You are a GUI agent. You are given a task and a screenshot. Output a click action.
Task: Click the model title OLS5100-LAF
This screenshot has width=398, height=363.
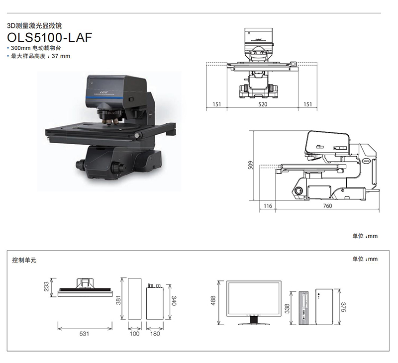[x=49, y=37]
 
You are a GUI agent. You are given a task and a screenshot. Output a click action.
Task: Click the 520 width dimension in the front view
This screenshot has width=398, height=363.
[x=263, y=104]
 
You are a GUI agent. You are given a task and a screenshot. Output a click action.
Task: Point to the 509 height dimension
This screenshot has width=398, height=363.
[x=251, y=165]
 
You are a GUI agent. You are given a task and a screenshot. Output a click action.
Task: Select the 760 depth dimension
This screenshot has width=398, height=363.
[x=327, y=206]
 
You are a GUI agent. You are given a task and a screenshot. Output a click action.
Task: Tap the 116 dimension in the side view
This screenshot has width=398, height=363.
[x=268, y=206]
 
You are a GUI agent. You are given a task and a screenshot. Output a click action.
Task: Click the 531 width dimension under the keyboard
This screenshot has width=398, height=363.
[x=84, y=334]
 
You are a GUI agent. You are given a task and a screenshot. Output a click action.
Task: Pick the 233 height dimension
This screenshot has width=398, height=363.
[x=46, y=287]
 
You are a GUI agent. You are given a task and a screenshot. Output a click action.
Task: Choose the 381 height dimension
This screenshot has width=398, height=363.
[x=118, y=300]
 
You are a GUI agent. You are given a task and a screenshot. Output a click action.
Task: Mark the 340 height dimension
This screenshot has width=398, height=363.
[x=174, y=301]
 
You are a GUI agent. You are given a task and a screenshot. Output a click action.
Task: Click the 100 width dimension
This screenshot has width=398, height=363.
[x=134, y=334]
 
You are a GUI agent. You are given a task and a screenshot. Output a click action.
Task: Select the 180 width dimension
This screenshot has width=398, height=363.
[x=155, y=334]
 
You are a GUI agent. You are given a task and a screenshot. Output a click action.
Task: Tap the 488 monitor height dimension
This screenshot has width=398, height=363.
[x=213, y=301]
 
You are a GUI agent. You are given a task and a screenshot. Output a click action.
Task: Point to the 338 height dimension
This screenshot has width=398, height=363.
[x=287, y=309]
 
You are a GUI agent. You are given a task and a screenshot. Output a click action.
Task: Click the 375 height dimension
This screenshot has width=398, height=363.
[x=343, y=307]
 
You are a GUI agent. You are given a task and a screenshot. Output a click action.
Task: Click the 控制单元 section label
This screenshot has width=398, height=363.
[x=24, y=260]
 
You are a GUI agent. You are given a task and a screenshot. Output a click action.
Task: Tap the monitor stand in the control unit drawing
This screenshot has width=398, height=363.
[x=254, y=320]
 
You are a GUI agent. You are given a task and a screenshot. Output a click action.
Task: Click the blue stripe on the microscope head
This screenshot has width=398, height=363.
[x=104, y=97]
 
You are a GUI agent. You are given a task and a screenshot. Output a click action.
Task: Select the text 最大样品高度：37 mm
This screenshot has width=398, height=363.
[x=40, y=56]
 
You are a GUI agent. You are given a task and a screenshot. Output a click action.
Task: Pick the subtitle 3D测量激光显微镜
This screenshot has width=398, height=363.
[x=34, y=26]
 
